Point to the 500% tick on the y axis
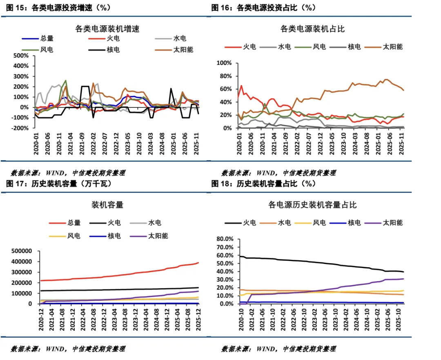pyautogui.click(x=21, y=56)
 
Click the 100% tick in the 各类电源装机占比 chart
pyautogui.click(x=224, y=63)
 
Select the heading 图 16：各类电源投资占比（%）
pyautogui.click(x=263, y=8)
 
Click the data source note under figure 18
pyautogui.click(x=278, y=349)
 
